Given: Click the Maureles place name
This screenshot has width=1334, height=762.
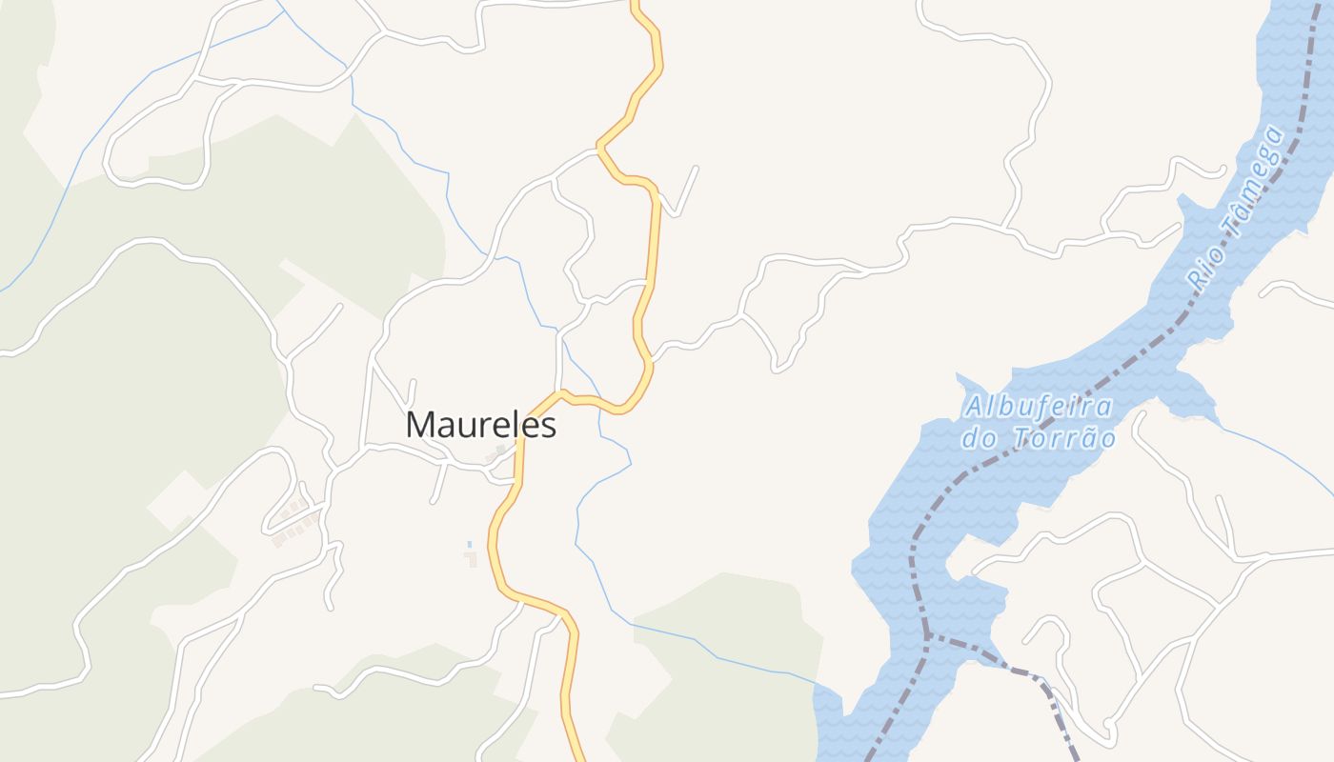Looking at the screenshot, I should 481,425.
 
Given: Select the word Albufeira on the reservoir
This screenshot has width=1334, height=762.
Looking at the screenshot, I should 1039,408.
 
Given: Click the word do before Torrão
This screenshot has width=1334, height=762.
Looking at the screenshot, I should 978,439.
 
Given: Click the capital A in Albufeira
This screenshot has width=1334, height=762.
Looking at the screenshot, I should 973,408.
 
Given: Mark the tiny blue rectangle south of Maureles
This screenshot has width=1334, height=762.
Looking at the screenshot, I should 470,544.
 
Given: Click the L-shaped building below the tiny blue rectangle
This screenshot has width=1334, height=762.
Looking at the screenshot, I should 471,559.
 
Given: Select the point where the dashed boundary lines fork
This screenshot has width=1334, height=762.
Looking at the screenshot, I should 927,636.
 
